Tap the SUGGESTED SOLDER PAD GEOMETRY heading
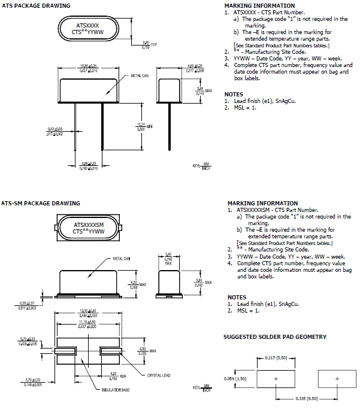tap(275, 337)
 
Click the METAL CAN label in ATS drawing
tap(141, 77)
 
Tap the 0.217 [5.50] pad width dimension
tap(277, 358)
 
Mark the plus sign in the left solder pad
tap(276, 379)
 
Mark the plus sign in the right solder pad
tap(337, 379)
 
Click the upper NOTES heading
tap(234, 94)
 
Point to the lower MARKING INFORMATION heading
tap(262, 203)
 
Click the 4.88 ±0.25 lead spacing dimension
tap(89, 164)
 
